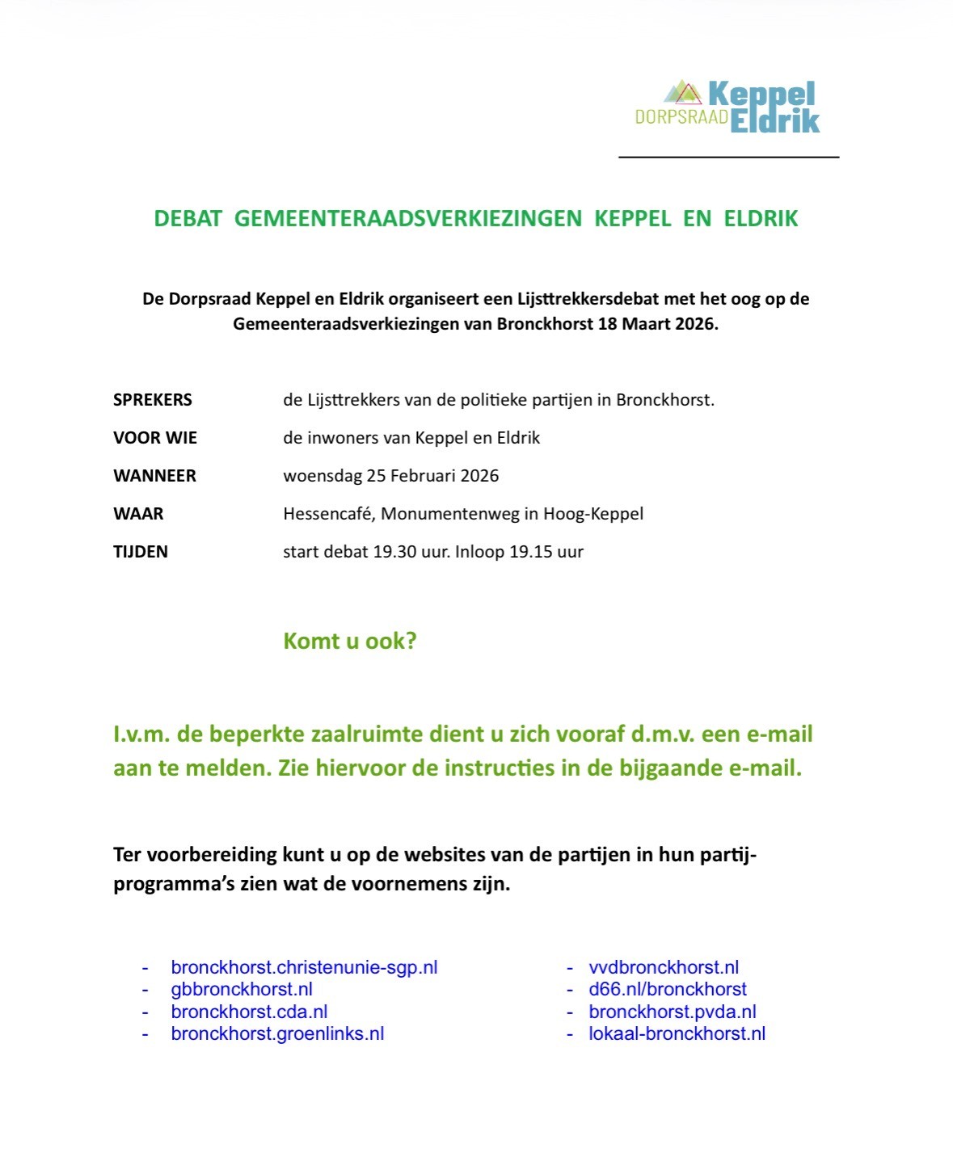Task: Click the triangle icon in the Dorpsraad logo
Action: pyautogui.click(x=685, y=94)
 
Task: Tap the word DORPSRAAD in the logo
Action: pyautogui.click(x=681, y=118)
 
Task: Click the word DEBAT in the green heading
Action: pyautogui.click(x=188, y=219)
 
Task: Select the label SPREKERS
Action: pyautogui.click(x=153, y=400)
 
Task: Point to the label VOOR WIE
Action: pyautogui.click(x=155, y=438)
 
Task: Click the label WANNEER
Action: pyautogui.click(x=154, y=476)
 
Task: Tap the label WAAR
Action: pyautogui.click(x=138, y=514)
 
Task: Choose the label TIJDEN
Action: pyautogui.click(x=141, y=552)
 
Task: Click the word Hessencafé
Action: pyautogui.click(x=328, y=514)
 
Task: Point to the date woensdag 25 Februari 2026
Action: pyautogui.click(x=390, y=476)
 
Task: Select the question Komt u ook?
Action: pyautogui.click(x=349, y=642)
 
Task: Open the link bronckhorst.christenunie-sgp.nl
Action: pyautogui.click(x=304, y=967)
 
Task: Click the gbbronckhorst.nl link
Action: pyautogui.click(x=242, y=989)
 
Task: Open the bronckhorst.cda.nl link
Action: pyautogui.click(x=249, y=1012)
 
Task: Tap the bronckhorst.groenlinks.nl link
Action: pyautogui.click(x=277, y=1033)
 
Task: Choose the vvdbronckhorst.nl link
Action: pyautogui.click(x=664, y=967)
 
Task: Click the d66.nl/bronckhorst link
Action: pyautogui.click(x=668, y=989)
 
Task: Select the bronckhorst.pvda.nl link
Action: pyautogui.click(x=673, y=1012)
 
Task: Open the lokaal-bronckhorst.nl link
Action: pyautogui.click(x=677, y=1033)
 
